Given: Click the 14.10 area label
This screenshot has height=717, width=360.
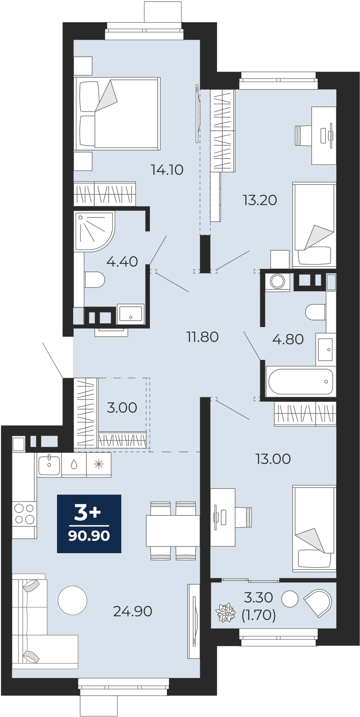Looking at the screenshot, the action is point(167,170).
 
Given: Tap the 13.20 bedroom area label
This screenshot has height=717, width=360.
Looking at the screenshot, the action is point(260,200).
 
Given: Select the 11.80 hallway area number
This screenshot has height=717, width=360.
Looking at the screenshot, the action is point(202,337).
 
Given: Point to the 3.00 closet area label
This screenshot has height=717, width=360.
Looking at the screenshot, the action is point(122,408).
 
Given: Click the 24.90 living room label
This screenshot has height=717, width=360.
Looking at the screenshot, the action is point(133,611).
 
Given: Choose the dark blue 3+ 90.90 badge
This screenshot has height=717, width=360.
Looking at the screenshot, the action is point(89,524).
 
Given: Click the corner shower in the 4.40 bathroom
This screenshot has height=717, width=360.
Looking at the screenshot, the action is point(95,231).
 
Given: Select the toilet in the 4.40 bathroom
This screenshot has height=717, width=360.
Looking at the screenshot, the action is point(94,280).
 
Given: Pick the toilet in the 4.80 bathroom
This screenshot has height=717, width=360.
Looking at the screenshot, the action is point(316,312).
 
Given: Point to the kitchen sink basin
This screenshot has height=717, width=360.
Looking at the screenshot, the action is point(49,465).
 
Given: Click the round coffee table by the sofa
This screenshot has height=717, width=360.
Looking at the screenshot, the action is point(72,600).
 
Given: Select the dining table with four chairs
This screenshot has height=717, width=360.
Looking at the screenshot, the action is point(173,531).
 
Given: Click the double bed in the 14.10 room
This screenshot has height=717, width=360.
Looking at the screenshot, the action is point(117,113).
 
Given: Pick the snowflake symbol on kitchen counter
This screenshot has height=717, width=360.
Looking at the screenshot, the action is point(99,465).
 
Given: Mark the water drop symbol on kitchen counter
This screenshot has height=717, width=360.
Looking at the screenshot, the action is point(74,465).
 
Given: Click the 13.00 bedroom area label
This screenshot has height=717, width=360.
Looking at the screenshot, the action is point(273,459).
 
